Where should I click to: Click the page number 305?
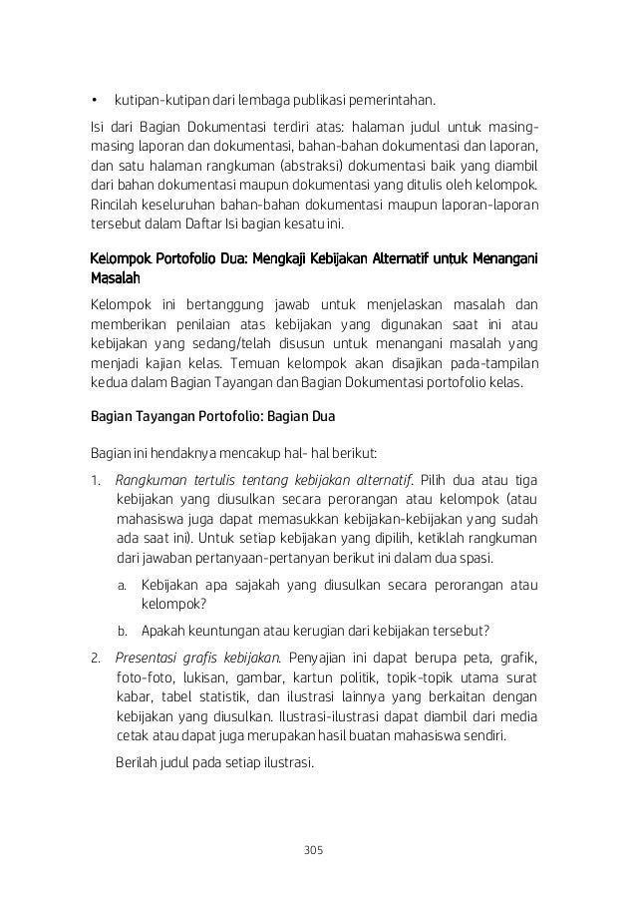click(317, 850)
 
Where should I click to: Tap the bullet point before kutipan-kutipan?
click(94, 101)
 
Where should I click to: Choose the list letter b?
click(121, 631)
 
